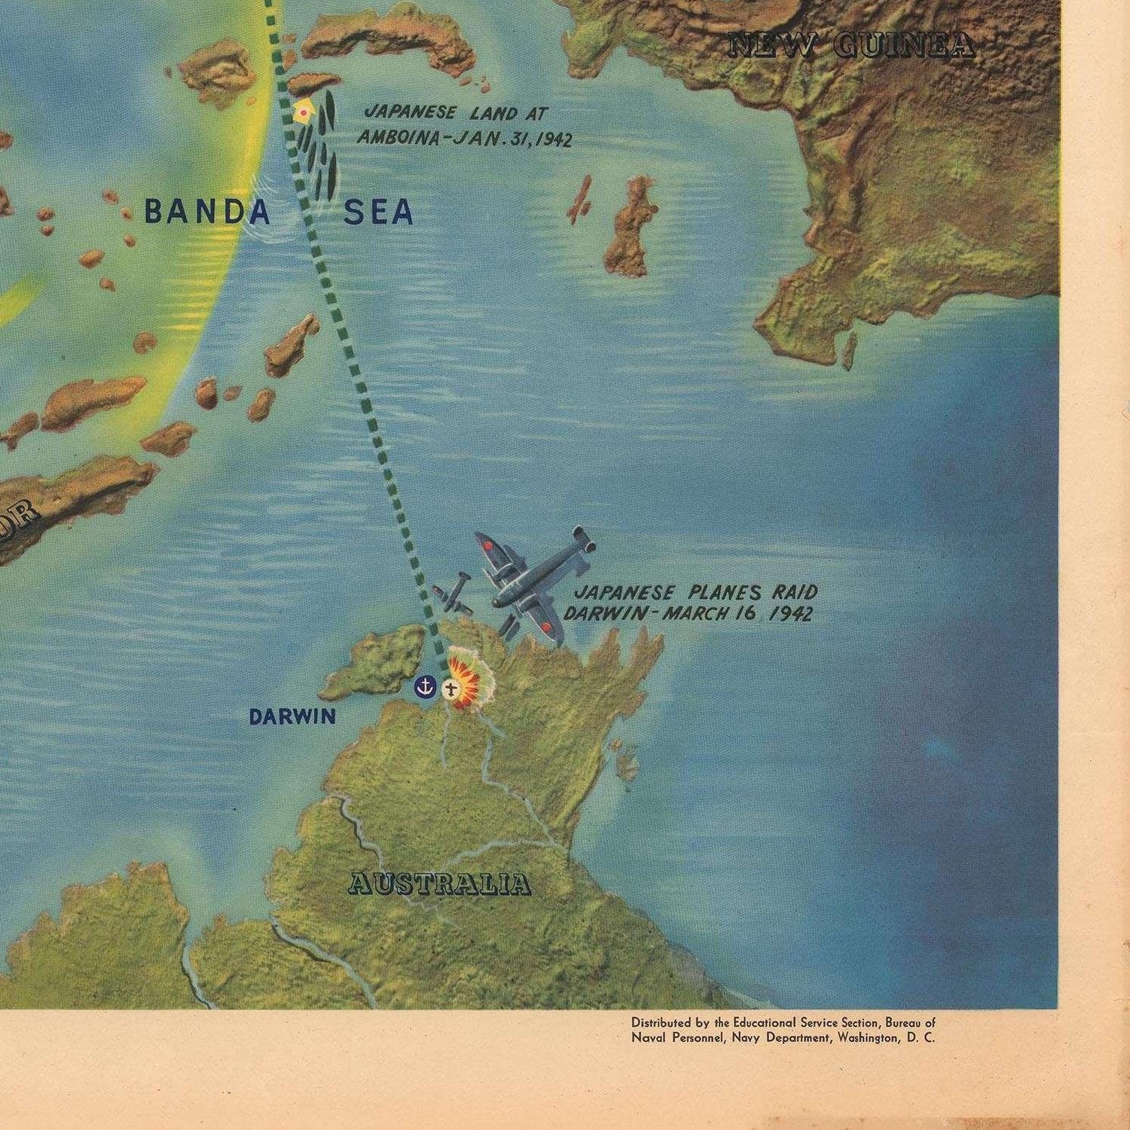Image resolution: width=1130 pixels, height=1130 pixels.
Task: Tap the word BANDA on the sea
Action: (207, 212)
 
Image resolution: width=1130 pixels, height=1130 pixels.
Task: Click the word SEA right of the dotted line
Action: (378, 213)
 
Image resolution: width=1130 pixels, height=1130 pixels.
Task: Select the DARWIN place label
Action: (292, 716)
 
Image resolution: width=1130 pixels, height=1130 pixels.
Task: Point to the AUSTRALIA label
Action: (439, 884)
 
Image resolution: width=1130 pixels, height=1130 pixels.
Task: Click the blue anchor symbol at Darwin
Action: (426, 686)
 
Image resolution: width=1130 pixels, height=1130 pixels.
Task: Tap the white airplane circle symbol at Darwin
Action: (451, 689)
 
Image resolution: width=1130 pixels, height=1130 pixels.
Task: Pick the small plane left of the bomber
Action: (452, 591)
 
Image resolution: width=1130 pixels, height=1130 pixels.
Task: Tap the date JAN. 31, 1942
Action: (519, 139)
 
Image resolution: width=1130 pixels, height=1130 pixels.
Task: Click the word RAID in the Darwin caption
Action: (798, 592)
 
